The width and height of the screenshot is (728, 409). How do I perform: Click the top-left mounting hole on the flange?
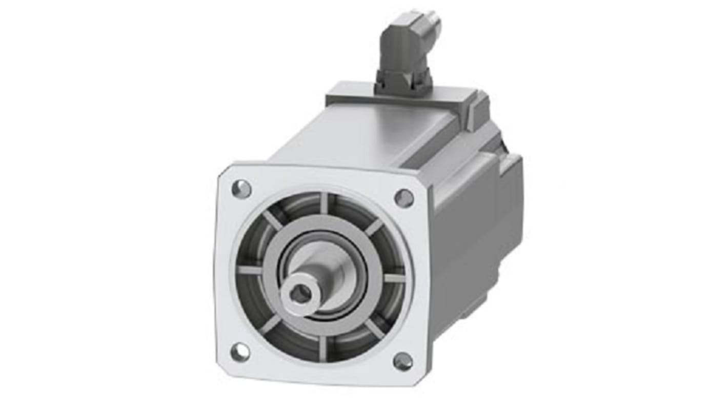[241, 189]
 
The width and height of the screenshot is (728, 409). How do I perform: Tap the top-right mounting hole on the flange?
[404, 198]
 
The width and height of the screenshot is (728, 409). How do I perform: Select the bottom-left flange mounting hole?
[239, 352]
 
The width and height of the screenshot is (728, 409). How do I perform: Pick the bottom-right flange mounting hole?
[403, 361]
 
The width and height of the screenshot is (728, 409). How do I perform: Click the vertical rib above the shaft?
[324, 204]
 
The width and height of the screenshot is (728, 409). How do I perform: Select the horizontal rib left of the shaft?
[250, 270]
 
